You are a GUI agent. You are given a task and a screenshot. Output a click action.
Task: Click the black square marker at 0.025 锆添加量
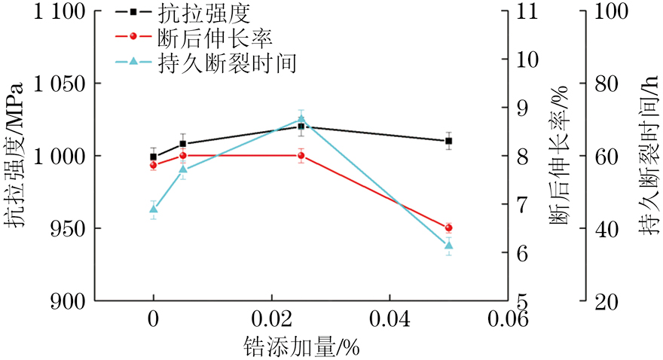pos(301,126)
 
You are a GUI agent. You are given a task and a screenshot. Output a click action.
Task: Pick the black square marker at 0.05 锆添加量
pos(449,141)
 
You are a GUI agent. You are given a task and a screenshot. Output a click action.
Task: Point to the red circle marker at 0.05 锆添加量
pos(449,227)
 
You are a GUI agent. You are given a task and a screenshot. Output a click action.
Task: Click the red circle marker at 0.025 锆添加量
pos(301,156)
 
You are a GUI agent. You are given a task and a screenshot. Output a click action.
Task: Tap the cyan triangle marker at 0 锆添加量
pos(154,209)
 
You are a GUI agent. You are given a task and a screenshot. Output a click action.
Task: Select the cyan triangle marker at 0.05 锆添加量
pos(449,245)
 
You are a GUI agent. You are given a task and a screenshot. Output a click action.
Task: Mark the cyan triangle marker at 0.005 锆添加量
pos(183,169)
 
